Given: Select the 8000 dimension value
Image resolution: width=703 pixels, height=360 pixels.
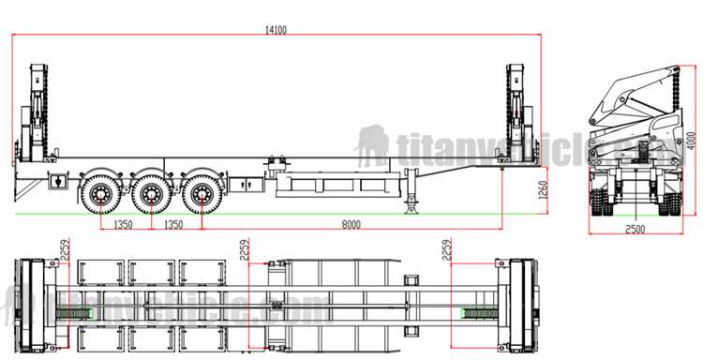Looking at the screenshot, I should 351,226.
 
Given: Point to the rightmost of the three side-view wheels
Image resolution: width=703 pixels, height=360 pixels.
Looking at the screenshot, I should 199,193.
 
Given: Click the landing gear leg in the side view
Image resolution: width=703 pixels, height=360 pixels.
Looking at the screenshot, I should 411,193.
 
